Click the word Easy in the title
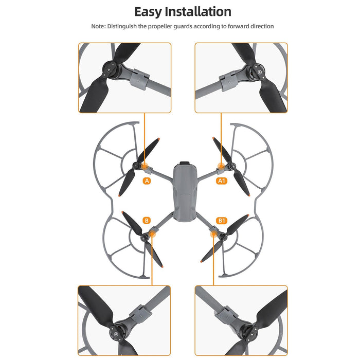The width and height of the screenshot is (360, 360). [152, 11]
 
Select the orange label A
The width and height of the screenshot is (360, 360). [147, 181]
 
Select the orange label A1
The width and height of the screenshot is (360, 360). [221, 181]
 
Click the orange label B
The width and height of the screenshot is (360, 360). [147, 221]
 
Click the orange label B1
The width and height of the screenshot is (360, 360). [222, 221]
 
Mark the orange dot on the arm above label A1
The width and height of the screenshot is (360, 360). [222, 166]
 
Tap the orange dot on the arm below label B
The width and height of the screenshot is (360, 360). [152, 234]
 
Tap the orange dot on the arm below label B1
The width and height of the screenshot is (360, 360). [214, 234]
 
